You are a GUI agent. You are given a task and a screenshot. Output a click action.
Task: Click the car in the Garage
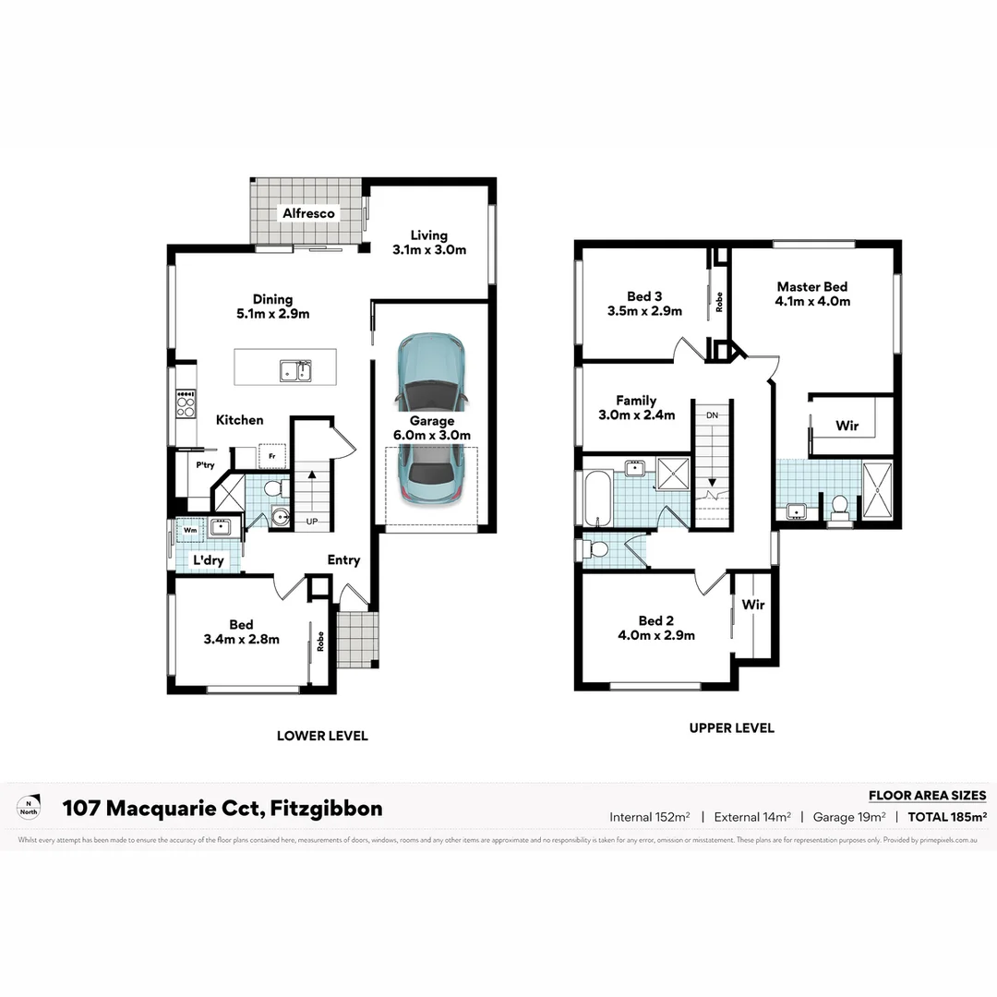(x=430, y=420)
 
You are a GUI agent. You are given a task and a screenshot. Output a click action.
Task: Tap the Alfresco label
(x=309, y=213)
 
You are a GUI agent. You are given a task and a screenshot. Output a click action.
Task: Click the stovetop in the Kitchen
(x=186, y=404)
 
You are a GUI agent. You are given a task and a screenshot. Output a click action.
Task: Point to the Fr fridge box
(x=271, y=456)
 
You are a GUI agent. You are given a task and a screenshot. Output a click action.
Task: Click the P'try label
(x=204, y=465)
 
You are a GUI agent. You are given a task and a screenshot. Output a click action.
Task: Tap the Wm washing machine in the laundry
(x=189, y=530)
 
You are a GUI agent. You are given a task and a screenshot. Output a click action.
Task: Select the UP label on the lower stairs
(x=311, y=522)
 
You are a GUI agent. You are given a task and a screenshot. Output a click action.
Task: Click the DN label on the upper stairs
(x=712, y=416)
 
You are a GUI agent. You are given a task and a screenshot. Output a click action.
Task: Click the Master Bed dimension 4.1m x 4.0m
(x=812, y=301)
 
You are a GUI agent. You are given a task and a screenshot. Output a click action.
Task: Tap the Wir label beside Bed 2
(x=753, y=605)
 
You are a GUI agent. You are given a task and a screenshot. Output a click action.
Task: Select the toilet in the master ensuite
(x=838, y=506)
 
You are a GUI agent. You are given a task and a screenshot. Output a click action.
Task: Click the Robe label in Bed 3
(x=718, y=302)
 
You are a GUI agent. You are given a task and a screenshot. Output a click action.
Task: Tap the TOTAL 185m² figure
(x=947, y=816)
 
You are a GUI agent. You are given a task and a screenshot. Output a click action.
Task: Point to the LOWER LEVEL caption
(x=322, y=736)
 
